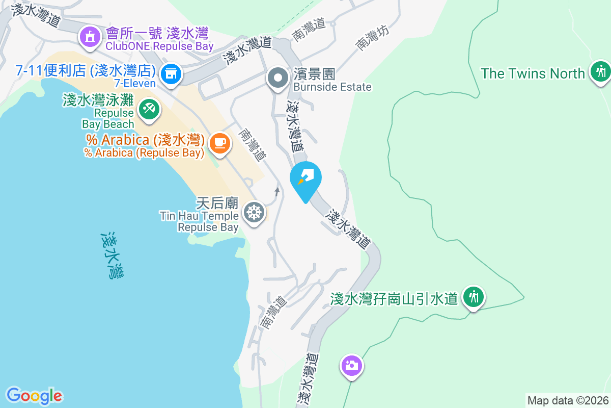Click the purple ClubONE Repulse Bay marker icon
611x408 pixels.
(x=90, y=38)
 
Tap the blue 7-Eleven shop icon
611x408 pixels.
(x=171, y=74)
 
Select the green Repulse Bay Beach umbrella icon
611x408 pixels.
(x=148, y=109)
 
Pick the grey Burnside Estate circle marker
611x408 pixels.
(x=278, y=79)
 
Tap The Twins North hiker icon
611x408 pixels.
(x=601, y=71)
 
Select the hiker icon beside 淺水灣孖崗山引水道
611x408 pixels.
(x=474, y=296)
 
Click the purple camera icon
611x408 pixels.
(x=351, y=365)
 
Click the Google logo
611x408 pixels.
(x=35, y=396)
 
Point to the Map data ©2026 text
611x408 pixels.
(x=568, y=400)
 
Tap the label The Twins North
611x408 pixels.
(x=533, y=73)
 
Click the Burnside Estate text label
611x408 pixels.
(x=332, y=87)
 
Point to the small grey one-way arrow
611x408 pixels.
(x=277, y=192)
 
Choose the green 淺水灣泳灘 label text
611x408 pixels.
(x=98, y=100)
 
